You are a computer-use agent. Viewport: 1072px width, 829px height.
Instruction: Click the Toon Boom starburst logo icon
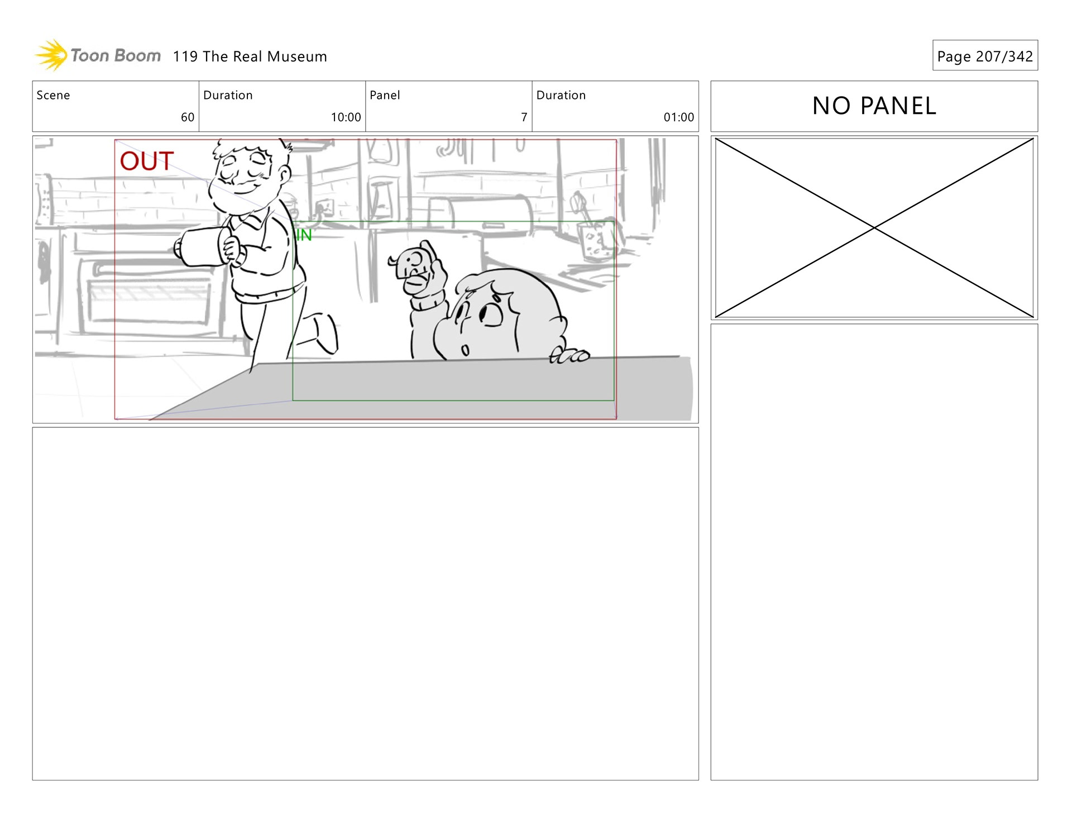[51, 55]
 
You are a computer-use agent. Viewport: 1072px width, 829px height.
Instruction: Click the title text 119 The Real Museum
[250, 56]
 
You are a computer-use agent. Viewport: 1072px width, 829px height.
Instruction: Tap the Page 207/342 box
[985, 55]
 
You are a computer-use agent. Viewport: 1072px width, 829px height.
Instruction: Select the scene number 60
[188, 117]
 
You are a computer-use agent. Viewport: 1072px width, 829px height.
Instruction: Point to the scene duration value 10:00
[346, 117]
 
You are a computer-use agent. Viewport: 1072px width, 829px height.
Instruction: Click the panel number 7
[524, 117]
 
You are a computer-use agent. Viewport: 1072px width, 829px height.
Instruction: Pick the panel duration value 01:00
[678, 117]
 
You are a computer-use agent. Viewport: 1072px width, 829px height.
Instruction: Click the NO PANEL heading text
[874, 106]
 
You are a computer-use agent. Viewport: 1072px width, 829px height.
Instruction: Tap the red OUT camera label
[147, 161]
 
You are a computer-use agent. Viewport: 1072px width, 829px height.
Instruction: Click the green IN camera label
[303, 235]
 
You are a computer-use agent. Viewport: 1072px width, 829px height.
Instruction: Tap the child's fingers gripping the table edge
[569, 355]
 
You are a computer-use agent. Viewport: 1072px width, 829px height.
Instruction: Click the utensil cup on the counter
[593, 241]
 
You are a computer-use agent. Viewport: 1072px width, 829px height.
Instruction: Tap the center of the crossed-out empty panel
[874, 228]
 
